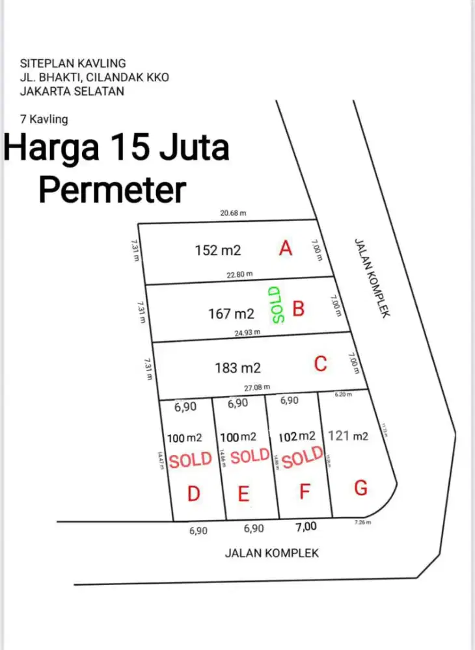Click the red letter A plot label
285,248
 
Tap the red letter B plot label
298,308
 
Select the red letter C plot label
320,364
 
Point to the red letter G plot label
361,487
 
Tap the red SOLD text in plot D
190,460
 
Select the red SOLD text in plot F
303,458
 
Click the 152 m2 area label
218,250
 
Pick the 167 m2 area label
231,314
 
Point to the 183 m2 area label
238,368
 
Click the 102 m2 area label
297,436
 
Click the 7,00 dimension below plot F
306,527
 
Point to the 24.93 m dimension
247,332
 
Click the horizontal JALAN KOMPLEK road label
272,553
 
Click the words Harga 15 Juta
117,148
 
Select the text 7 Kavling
44,119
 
